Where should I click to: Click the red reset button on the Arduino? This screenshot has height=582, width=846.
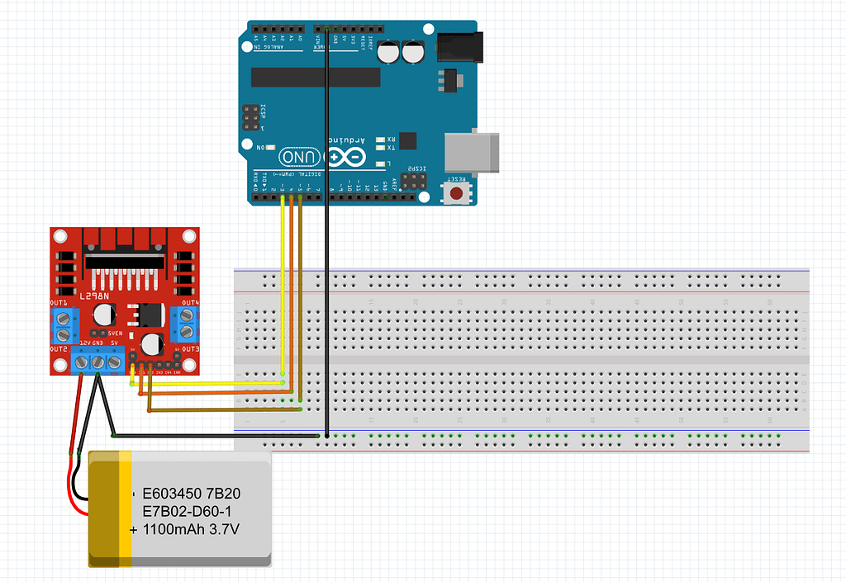[x=456, y=194]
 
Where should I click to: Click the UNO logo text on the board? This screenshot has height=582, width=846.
[x=297, y=157]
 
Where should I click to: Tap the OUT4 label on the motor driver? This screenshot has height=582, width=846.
[x=190, y=303]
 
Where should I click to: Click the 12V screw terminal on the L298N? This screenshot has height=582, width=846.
[x=83, y=362]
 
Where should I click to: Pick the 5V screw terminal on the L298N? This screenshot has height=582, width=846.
[x=114, y=362]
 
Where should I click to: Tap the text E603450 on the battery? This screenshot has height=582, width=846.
[x=172, y=494]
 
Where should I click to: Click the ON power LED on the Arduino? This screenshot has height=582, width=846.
[x=272, y=147]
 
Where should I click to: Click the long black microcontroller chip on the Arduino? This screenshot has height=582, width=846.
[x=315, y=77]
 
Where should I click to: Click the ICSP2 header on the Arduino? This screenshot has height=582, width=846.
[x=416, y=181]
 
